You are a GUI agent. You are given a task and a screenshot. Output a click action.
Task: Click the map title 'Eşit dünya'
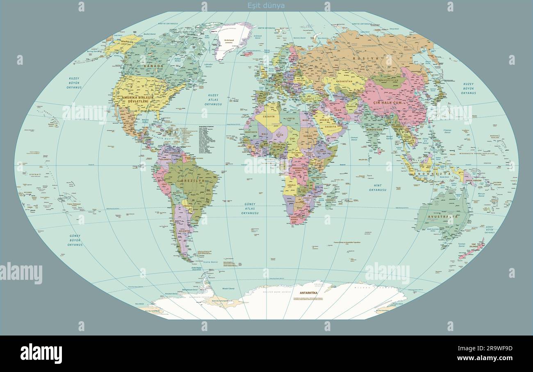[x=266, y=6]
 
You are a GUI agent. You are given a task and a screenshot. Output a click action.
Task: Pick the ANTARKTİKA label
[x=309, y=293]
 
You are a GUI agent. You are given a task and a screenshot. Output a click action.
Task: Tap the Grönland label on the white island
[x=229, y=40]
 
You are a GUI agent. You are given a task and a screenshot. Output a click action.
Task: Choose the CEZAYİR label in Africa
[x=269, y=116]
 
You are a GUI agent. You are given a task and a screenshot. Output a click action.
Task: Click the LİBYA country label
[x=290, y=118]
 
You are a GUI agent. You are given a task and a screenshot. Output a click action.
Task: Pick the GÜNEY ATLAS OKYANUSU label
[x=250, y=209]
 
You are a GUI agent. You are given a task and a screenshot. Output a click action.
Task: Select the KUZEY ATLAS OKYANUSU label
[x=213, y=100]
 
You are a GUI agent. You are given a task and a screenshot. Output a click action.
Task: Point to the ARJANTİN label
[x=184, y=231]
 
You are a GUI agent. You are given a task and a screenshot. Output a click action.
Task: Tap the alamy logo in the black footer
[x=41, y=353]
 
